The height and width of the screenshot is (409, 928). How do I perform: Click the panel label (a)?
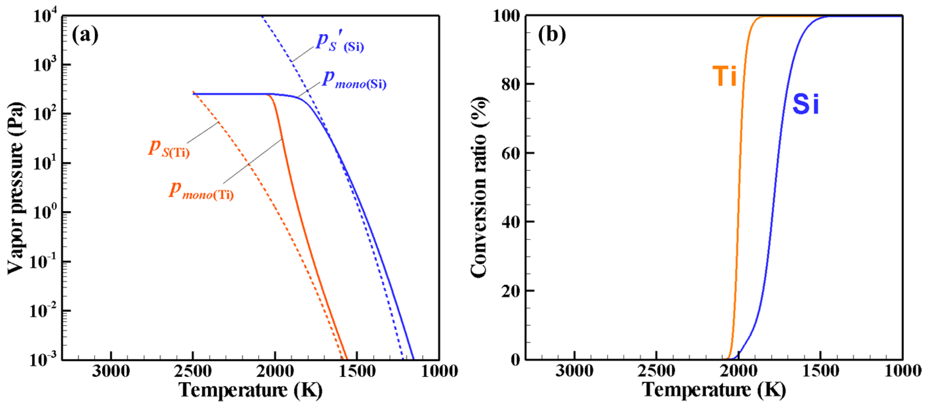tap(85, 35)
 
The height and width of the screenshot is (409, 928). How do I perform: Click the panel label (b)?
tap(551, 35)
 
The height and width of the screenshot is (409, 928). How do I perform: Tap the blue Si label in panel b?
tap(805, 104)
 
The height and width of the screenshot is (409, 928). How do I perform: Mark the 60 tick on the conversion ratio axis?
tap(510, 153)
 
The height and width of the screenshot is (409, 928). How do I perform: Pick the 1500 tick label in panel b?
tap(820, 371)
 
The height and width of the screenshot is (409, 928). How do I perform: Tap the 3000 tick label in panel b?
tap(574, 371)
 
